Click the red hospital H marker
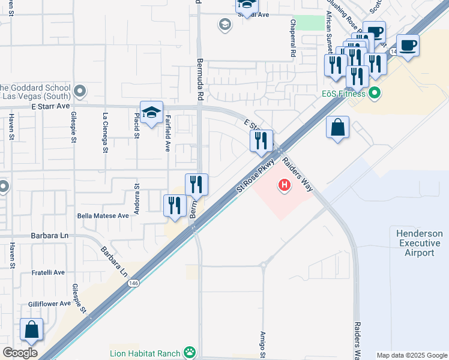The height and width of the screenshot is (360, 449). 284,186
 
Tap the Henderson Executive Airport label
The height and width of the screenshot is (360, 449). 420,243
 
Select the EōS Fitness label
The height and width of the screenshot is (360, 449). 343,94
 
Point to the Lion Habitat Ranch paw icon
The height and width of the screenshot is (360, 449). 190,352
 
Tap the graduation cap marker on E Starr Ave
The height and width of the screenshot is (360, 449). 152,112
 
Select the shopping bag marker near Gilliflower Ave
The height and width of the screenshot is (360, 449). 31,330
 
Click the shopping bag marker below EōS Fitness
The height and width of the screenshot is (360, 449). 338,128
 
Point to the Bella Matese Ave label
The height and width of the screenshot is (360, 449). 103,215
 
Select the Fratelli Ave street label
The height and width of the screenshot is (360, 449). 48,272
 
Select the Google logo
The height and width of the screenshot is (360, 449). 20,353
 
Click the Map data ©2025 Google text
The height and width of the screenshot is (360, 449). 411,355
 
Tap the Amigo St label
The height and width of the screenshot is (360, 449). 262,344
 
